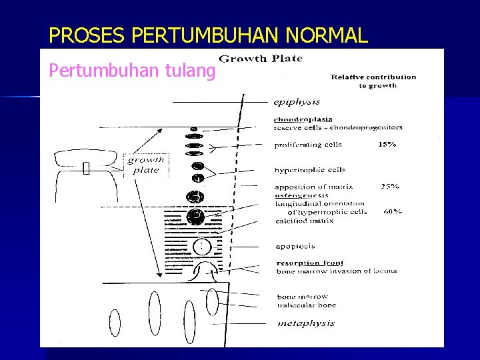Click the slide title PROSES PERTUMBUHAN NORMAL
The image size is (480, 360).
[x=208, y=35]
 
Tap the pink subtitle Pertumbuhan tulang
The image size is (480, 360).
[x=133, y=70]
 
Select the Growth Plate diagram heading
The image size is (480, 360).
[x=261, y=59]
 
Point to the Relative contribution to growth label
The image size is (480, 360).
[x=373, y=81]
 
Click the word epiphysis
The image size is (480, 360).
[x=297, y=103]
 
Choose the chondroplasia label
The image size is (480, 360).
[x=303, y=120]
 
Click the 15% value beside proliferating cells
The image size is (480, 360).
[x=387, y=144]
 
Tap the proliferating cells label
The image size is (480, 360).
[x=308, y=144]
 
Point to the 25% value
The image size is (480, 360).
[x=391, y=187]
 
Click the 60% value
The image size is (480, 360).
[x=393, y=212]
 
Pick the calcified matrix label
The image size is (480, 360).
[x=305, y=221]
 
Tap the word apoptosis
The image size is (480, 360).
[x=295, y=247]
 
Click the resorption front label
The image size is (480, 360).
[x=310, y=263]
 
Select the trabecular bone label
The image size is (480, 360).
[x=307, y=305]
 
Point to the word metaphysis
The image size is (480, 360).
[x=306, y=324]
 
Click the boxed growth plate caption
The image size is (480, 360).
[x=146, y=165]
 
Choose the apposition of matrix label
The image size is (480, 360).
[x=314, y=187]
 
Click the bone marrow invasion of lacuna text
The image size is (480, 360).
[x=337, y=271]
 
